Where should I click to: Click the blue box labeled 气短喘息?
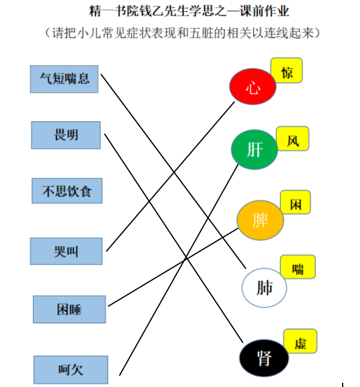coord(64,79)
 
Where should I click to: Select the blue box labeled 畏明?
coord(66,135)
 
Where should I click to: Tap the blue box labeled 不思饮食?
coord(67,191)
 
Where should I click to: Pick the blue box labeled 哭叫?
coord(66,251)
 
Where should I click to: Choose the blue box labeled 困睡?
coord(69,309)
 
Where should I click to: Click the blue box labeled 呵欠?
coord(71,370)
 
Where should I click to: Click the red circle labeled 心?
coord(253,87)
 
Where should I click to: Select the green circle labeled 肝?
coord(254,149)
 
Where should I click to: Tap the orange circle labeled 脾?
coord(260,220)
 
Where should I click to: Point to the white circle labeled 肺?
coord(264,287)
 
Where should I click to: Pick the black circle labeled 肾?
coord(264,358)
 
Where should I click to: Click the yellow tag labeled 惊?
coord(287,70)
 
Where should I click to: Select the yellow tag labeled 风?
coord(293,139)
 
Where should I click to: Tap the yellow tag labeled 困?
coord(296,202)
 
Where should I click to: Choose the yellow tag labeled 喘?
coord(298,267)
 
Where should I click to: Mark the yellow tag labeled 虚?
coord(300,341)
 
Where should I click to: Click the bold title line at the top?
coord(189,11)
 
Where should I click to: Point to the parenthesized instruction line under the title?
coord(182,33)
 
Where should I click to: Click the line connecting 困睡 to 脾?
coord(173,268)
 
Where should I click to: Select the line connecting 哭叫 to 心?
coord(170,176)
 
